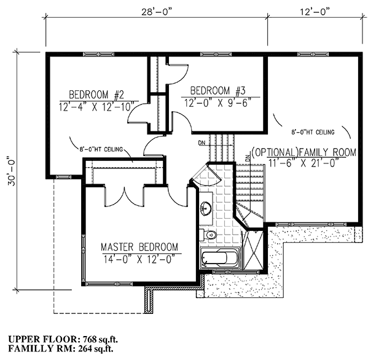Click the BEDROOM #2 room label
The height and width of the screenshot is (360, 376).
point(96,95)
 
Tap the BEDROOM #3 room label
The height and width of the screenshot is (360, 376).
point(217,91)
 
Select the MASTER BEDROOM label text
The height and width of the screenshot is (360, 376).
point(139,247)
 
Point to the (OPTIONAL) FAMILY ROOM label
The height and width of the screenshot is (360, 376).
point(304,152)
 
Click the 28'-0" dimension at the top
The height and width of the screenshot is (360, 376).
point(157,12)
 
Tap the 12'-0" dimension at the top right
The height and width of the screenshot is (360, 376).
point(315,12)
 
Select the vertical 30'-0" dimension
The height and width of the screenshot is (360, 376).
point(12,171)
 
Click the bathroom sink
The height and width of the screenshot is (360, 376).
point(206,208)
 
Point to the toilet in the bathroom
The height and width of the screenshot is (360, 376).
point(208,235)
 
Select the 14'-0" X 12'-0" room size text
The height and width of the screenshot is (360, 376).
point(139,259)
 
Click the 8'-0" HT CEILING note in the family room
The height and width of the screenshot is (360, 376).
point(313,132)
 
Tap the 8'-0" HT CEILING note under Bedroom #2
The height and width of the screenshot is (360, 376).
point(101,149)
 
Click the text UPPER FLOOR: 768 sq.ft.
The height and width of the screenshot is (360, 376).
point(63,339)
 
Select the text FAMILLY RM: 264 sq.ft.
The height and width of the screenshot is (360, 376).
point(61,349)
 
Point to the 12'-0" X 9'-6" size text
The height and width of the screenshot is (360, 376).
point(218,103)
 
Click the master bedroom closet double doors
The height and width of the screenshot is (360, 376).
point(125,197)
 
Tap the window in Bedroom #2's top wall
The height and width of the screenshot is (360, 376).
point(98,54)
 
